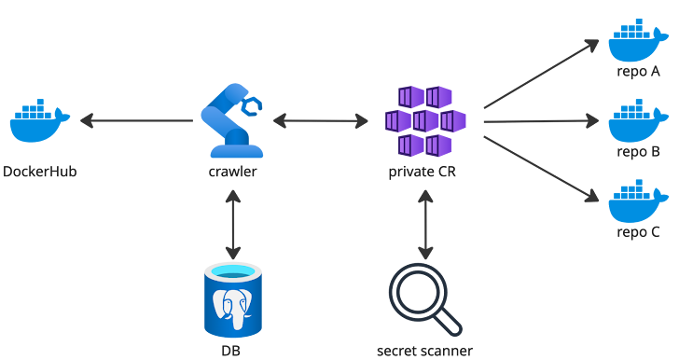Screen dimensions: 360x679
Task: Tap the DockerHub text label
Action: tap(39, 173)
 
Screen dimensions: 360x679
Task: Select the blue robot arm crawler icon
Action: tap(232, 120)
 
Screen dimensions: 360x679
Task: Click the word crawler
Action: tap(232, 173)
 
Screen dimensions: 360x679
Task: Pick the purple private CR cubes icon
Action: tap(425, 120)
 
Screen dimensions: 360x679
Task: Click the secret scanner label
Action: tap(424, 352)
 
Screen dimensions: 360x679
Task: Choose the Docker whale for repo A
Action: tap(638, 41)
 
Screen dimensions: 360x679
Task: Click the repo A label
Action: tap(638, 71)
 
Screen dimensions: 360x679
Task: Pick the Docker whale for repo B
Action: tap(638, 120)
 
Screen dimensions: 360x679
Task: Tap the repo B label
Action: tap(638, 151)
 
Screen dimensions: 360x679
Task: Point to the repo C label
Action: tap(638, 231)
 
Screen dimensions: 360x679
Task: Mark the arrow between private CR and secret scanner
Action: tap(425, 224)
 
